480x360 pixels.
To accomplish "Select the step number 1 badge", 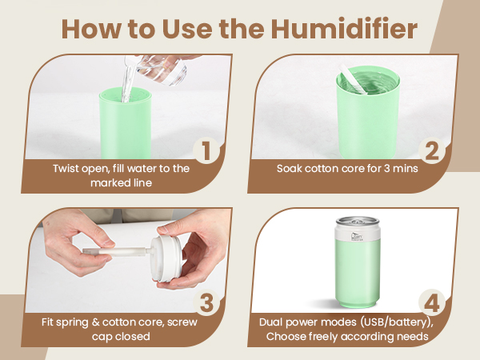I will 206,150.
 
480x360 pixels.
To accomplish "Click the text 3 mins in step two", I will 398,169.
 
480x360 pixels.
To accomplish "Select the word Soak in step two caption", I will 290,169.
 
